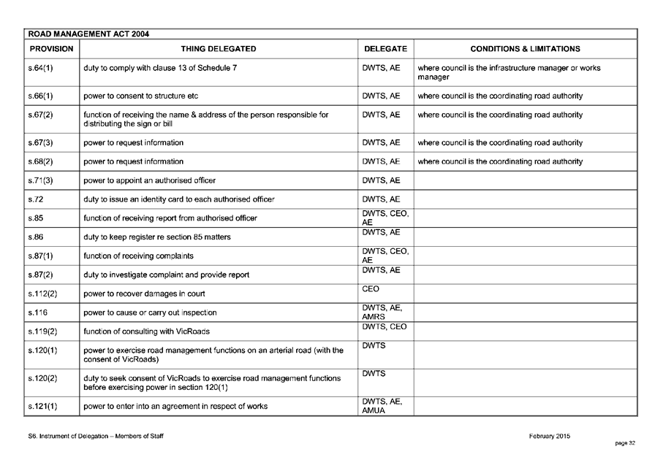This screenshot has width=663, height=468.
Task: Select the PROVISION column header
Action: (51, 49)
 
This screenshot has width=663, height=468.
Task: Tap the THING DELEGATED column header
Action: (219, 49)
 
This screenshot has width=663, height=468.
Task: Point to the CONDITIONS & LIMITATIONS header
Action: (525, 49)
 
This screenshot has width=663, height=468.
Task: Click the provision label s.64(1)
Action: (40, 68)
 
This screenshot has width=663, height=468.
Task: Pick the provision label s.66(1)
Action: (40, 96)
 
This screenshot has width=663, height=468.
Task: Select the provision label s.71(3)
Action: (40, 180)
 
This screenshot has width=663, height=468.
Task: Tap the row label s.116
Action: (37, 312)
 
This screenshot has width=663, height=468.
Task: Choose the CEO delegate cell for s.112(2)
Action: (371, 289)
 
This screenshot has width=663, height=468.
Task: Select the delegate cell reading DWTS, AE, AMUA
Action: (382, 406)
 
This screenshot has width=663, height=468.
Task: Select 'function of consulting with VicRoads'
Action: (148, 331)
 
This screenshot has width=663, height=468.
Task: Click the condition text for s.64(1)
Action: (509, 72)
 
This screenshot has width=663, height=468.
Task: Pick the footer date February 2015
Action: (549, 436)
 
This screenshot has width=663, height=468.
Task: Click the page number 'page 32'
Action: (625, 442)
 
